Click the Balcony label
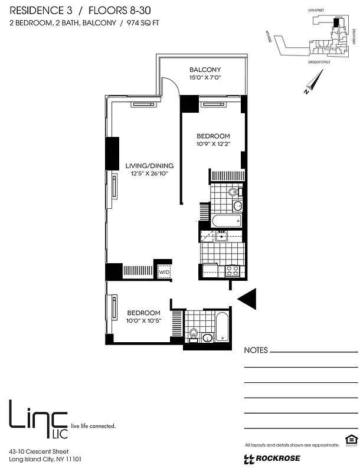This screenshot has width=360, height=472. pyautogui.click(x=205, y=70)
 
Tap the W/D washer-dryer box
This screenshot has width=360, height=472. pyautogui.click(x=163, y=273)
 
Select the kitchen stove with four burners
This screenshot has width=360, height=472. pyautogui.click(x=233, y=271)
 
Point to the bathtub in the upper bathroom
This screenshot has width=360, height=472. pyautogui.click(x=227, y=221)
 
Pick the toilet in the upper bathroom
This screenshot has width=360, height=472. pyautogui.click(x=233, y=192)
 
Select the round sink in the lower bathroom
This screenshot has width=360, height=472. pyautogui.click(x=207, y=338)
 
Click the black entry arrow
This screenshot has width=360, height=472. pyautogui.click(x=248, y=299)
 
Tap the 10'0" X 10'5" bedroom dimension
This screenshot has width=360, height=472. pyautogui.click(x=143, y=321)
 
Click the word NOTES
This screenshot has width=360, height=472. pyautogui.click(x=256, y=350)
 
